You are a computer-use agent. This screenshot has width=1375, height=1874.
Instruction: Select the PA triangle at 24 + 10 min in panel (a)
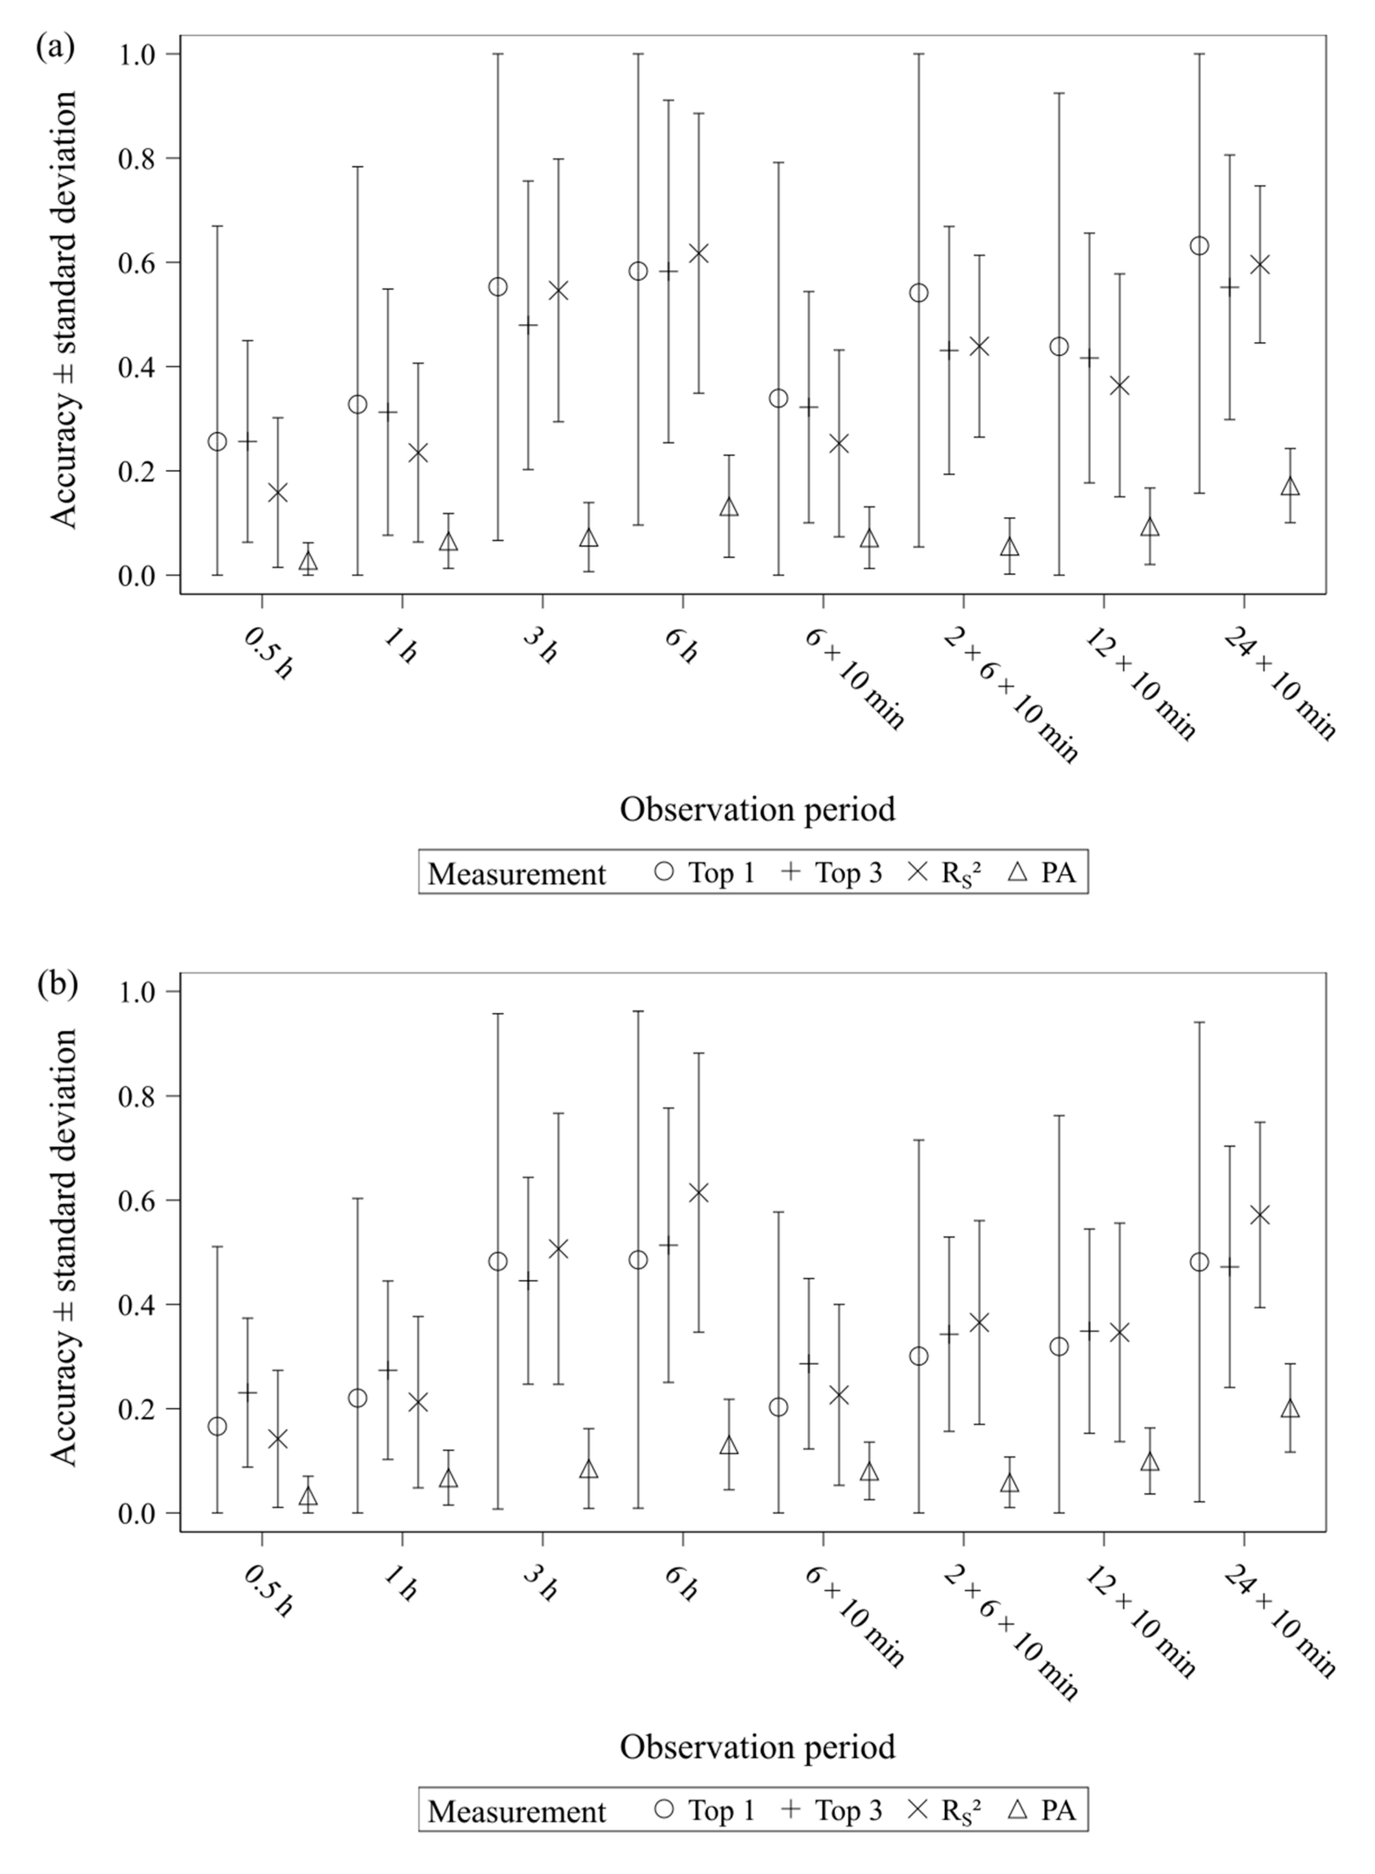(x=1290, y=487)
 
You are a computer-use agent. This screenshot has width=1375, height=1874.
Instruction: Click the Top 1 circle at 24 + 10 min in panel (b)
(x=1199, y=1262)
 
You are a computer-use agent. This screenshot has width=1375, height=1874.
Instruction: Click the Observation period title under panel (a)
(x=758, y=809)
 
